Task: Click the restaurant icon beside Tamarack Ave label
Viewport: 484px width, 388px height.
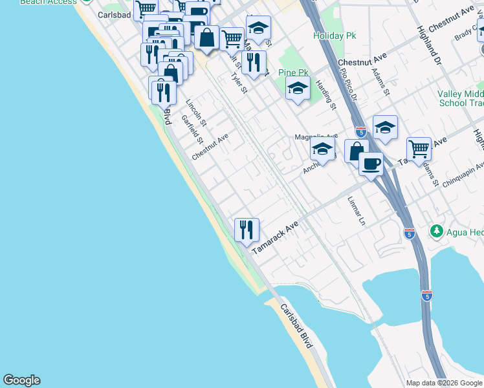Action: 247,230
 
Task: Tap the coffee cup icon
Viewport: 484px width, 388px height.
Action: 371,164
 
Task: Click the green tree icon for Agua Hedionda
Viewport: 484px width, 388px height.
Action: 437,231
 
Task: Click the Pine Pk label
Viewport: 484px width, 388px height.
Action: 292,73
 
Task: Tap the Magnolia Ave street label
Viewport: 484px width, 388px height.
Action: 316,137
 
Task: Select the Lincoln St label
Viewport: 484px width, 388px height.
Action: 195,113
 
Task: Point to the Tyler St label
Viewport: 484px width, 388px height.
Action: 239,83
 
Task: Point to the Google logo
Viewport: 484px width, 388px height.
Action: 21,380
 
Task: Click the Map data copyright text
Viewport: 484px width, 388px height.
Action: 444,383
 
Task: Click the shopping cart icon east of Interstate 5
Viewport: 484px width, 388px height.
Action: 419,149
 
